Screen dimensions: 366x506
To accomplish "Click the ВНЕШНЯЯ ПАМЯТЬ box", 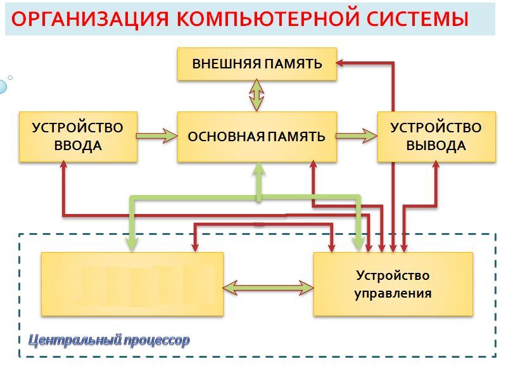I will coord(256,63).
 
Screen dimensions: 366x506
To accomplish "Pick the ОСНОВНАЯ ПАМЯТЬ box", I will coord(256,136).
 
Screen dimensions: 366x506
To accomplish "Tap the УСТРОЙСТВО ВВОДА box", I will coord(77,136).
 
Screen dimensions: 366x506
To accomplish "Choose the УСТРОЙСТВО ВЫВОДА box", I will coord(436,136).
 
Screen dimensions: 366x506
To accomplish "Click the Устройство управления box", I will coord(393,284).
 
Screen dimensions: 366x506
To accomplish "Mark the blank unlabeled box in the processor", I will coord(132,284).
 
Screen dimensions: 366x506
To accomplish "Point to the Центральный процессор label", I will coord(110,341).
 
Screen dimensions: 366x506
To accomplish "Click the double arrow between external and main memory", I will coord(256,96).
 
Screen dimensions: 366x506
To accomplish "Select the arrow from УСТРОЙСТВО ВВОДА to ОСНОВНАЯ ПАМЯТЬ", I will coord(157,136).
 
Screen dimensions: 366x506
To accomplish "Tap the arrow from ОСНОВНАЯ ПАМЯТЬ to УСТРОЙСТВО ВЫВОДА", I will coord(356,136).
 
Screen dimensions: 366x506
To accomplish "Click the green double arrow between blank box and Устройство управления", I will coord(269,287).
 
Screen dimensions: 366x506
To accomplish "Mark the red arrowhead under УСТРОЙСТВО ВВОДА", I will coord(63,166).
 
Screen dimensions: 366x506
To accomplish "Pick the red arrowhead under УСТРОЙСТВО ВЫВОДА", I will coord(436,166).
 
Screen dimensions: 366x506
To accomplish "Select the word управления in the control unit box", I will coord(393,293).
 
